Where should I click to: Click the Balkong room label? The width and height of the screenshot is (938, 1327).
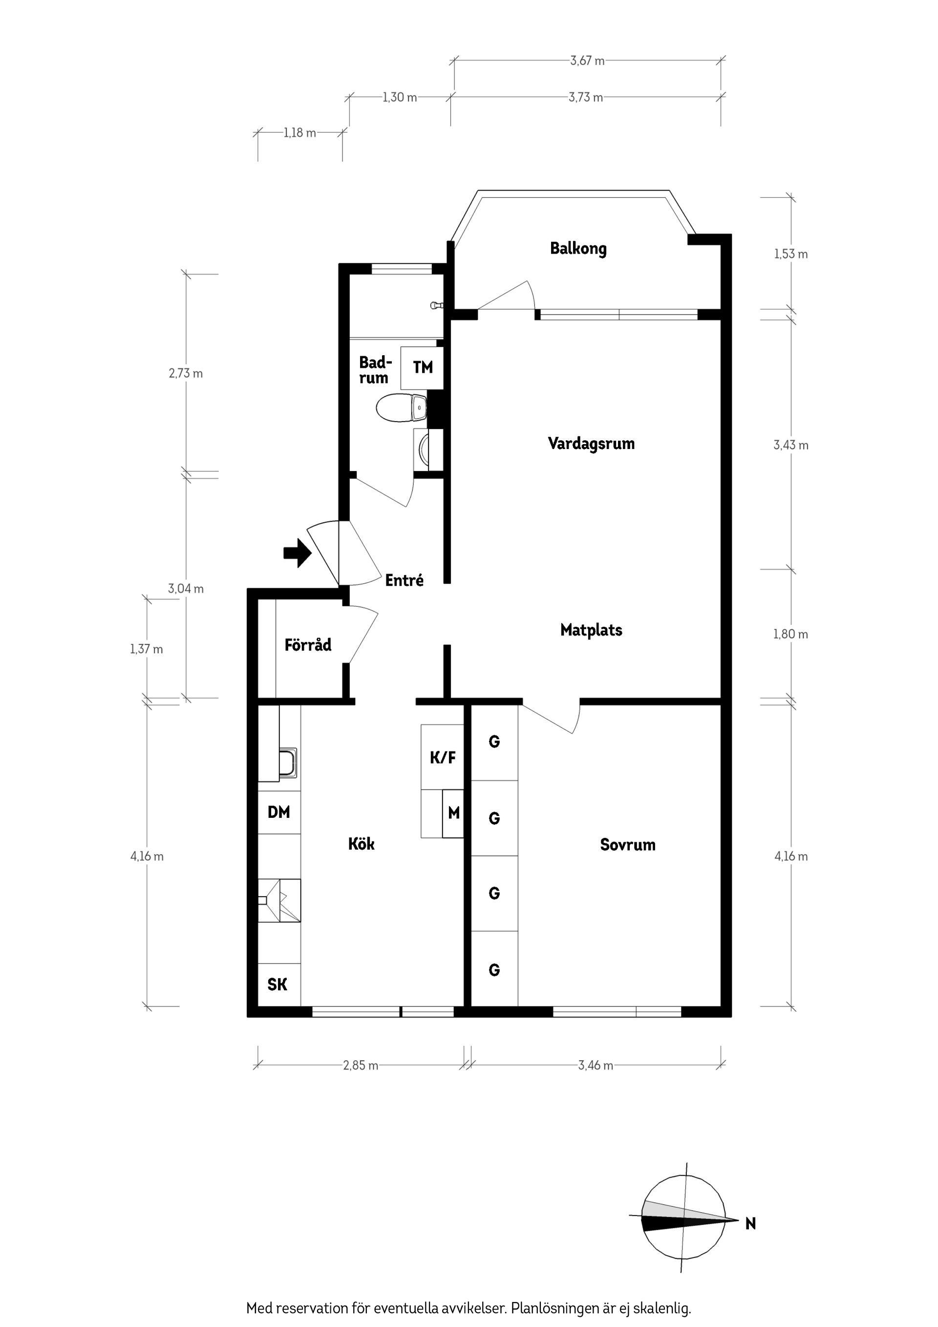pos(578,249)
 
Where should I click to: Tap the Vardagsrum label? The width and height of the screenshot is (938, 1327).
pos(591,443)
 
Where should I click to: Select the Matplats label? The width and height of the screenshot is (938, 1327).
pos(591,629)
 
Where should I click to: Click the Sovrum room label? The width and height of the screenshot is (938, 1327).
pos(627,844)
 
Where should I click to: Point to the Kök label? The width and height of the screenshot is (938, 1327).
pos(361,844)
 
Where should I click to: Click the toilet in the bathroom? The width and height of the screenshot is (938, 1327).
pos(399,408)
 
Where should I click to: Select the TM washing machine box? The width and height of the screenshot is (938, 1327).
pos(423,367)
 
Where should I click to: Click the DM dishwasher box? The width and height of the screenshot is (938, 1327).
pos(278,812)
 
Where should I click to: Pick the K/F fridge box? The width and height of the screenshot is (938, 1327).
pos(442,757)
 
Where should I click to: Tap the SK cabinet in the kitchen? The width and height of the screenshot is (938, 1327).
pos(277,985)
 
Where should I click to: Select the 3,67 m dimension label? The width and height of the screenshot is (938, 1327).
pos(587,61)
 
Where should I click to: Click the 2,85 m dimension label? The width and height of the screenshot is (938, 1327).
pos(361,1065)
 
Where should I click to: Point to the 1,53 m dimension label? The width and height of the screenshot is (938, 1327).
pos(790,254)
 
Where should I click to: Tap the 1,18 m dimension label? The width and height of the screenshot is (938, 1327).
pos(300,133)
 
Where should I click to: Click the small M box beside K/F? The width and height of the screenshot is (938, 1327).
pos(453,813)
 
